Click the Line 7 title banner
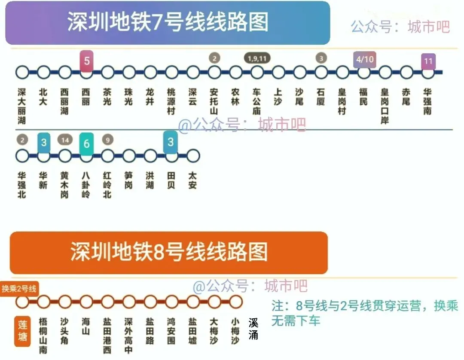[x=168, y=22]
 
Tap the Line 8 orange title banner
[x=168, y=252]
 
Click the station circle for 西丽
[x=86, y=72]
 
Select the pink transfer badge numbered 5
[x=86, y=61]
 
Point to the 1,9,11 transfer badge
[x=257, y=58]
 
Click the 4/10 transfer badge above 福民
[x=364, y=60]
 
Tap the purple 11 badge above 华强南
[x=427, y=61]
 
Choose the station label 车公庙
[x=257, y=101]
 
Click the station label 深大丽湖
[x=22, y=106]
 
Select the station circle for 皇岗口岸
[x=385, y=72]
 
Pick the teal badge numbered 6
[x=86, y=143]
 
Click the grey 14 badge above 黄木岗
[x=65, y=140]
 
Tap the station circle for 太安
[x=193, y=156]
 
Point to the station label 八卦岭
[x=86, y=185]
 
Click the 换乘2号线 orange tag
[x=19, y=289]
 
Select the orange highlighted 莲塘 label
[x=22, y=331]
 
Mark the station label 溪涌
[x=253, y=329]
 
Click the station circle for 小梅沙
[x=235, y=302]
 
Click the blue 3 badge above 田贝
[x=171, y=142]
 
